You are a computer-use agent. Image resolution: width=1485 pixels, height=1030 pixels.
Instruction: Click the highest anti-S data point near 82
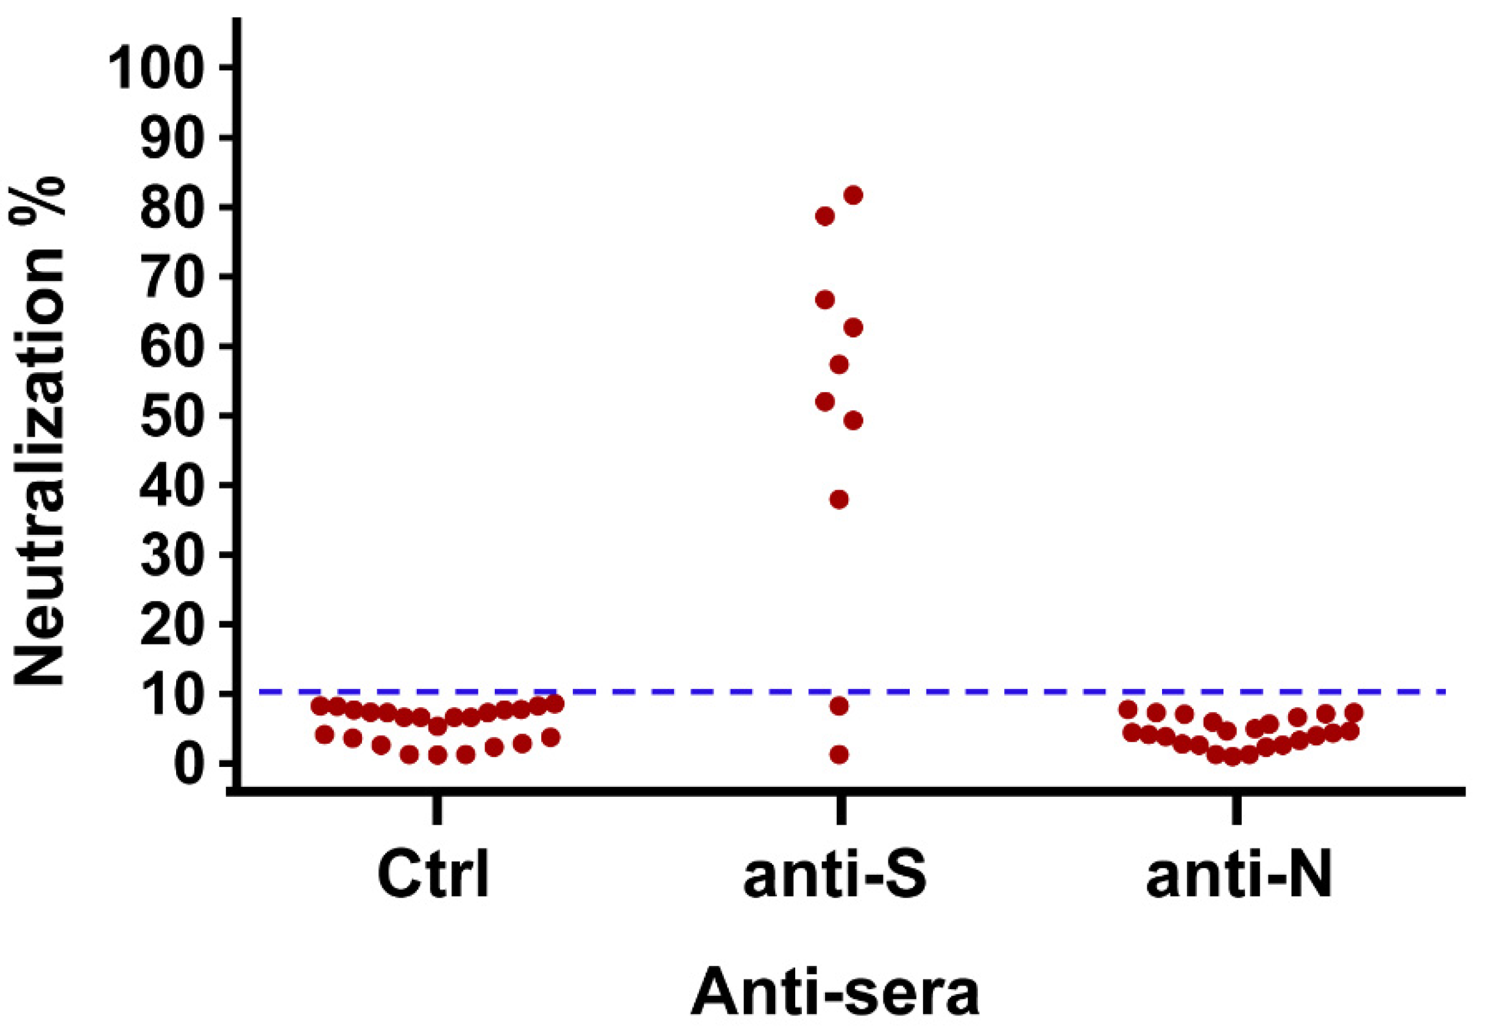(x=854, y=195)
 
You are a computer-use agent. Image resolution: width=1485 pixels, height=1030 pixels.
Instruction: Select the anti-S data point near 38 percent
(x=838, y=499)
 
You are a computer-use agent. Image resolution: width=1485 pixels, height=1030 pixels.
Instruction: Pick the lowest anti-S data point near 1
(x=838, y=755)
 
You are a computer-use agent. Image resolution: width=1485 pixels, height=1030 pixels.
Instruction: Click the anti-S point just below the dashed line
(x=838, y=706)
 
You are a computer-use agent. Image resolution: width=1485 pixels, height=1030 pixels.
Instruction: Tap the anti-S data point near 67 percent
(x=825, y=300)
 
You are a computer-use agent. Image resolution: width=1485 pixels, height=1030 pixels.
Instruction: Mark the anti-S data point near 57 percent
(x=838, y=365)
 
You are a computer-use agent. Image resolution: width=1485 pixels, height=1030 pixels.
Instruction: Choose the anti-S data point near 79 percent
(x=825, y=216)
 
